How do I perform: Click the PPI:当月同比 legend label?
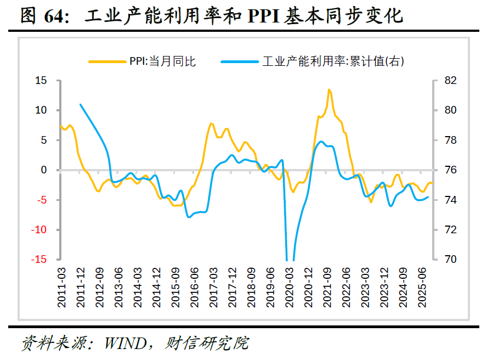(x=162, y=61)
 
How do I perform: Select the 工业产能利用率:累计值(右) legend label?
(x=333, y=61)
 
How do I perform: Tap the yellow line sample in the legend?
(x=107, y=61)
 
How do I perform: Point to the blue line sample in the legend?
(x=240, y=61)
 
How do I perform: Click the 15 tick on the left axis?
(x=41, y=81)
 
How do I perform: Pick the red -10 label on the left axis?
(x=38, y=230)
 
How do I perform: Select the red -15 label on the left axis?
(x=38, y=259)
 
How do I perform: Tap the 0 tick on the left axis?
(x=44, y=170)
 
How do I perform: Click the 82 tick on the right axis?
(x=451, y=81)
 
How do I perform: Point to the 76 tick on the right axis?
(x=451, y=170)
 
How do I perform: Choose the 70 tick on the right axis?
(x=451, y=259)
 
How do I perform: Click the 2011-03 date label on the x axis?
(x=61, y=288)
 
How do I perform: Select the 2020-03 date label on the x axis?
(x=289, y=288)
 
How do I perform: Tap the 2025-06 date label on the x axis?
(x=422, y=288)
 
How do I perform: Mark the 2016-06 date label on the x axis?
(x=194, y=288)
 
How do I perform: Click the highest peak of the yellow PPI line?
(x=329, y=90)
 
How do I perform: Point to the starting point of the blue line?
(x=81, y=104)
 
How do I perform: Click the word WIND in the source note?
(x=126, y=344)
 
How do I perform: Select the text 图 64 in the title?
(x=43, y=15)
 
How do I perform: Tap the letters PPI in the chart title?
(x=263, y=16)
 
